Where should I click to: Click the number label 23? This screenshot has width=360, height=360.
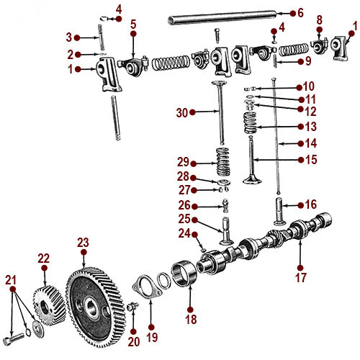coord(83,242)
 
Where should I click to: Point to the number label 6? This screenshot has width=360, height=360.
coord(301,13)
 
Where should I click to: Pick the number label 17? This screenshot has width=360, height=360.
coord(301,276)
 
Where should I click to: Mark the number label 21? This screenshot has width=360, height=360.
coord(10,279)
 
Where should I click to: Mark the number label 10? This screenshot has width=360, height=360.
coord(308,86)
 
